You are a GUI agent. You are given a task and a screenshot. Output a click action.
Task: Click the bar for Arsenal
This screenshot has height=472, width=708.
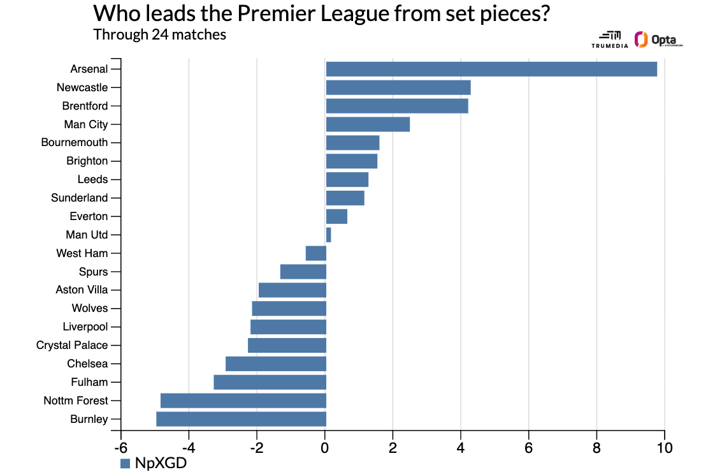491,69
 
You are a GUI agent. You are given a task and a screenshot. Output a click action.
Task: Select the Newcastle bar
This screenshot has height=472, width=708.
398,87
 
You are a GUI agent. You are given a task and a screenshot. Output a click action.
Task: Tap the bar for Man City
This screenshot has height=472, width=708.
367,124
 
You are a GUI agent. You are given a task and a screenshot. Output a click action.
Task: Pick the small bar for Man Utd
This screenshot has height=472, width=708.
328,235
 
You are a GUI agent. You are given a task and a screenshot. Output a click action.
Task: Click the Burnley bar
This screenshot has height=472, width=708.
241,419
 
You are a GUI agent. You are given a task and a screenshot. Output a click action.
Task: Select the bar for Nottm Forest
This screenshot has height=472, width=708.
243,401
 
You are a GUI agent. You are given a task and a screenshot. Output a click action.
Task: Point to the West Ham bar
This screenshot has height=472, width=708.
316,253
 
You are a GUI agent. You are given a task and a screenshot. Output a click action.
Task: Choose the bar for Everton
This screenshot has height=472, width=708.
336,217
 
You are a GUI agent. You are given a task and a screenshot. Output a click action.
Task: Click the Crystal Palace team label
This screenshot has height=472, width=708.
72,345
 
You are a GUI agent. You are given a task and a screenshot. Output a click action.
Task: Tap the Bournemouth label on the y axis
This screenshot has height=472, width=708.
75,142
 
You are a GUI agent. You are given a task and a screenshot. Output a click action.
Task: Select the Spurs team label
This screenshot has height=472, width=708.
93,272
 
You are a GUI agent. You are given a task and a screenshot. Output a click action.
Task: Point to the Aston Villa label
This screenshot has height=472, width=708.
82,290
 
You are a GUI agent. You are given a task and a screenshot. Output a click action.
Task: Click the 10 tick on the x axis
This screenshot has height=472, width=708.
664,447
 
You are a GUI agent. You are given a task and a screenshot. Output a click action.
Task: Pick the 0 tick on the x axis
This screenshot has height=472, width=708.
325,447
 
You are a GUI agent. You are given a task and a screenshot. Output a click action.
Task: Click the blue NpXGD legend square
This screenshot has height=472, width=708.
125,463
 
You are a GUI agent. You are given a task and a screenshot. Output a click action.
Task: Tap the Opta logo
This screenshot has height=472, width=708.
658,40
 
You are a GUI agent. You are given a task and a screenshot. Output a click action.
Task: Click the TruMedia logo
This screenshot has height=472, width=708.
610,40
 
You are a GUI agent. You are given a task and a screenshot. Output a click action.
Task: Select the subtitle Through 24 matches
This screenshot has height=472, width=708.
159,34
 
